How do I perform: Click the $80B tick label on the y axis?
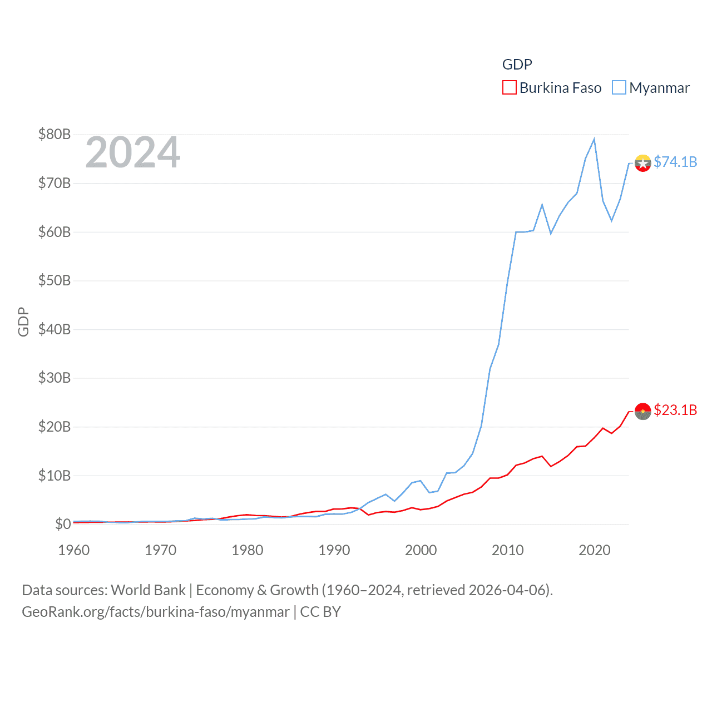pos(54,134)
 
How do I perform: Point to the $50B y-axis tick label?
pos(54,280)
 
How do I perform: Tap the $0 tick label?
pos(62,524)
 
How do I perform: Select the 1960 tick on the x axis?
pos(74,550)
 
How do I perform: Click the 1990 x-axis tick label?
pos(334,550)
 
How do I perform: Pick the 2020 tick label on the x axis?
pos(595,550)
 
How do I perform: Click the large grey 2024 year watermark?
pos(133,152)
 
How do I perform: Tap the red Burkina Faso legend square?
pos(509,88)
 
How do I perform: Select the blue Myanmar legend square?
pos(619,88)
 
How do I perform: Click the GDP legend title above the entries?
pos(517,65)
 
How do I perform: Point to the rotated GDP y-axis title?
pos(23,322)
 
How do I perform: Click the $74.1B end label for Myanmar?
pos(675,162)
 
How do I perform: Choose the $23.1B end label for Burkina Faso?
pos(675,410)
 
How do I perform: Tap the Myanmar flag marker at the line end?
pos(642,163)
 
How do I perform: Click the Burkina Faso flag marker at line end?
pos(642,411)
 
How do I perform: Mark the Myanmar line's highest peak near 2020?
pos(594,139)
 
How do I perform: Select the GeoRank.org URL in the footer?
pos(155,612)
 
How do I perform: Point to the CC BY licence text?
pos(320,612)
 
